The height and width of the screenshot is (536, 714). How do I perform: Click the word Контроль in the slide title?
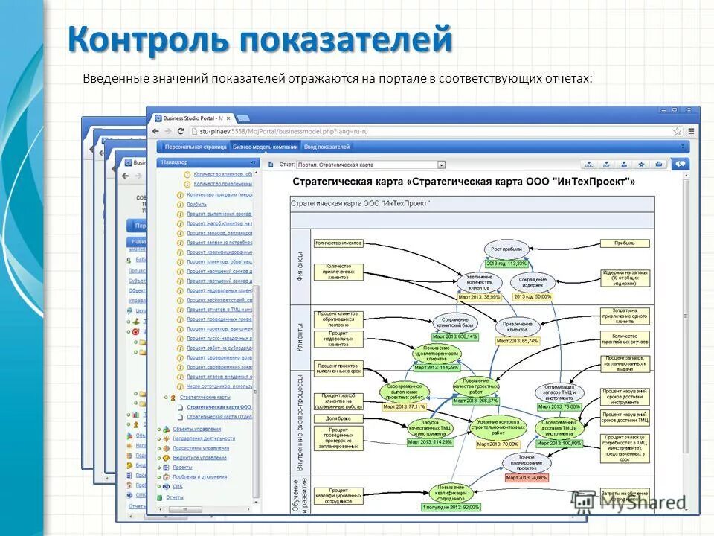tap(149, 39)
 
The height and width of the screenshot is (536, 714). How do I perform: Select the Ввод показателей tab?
tap(326, 147)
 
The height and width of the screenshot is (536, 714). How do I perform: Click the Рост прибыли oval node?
tap(506, 249)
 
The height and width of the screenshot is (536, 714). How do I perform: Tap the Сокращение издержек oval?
tap(533, 281)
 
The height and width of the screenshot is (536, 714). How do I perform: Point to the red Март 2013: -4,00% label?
tap(527, 477)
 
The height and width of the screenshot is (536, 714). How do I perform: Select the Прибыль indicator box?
tap(624, 243)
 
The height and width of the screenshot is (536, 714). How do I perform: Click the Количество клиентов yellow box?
tap(338, 243)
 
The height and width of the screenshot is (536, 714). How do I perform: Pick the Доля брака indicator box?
tap(338, 418)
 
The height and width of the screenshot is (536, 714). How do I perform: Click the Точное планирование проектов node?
tap(527, 462)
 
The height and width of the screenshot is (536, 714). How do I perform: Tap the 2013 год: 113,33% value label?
tap(506, 264)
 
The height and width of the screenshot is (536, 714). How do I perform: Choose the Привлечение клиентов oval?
tap(517, 326)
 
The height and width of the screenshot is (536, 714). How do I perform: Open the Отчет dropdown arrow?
tap(441, 165)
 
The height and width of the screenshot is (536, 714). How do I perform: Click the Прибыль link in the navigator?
tap(197, 202)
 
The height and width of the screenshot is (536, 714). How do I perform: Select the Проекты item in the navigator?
tap(182, 468)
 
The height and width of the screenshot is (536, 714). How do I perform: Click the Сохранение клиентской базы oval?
tap(454, 322)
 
